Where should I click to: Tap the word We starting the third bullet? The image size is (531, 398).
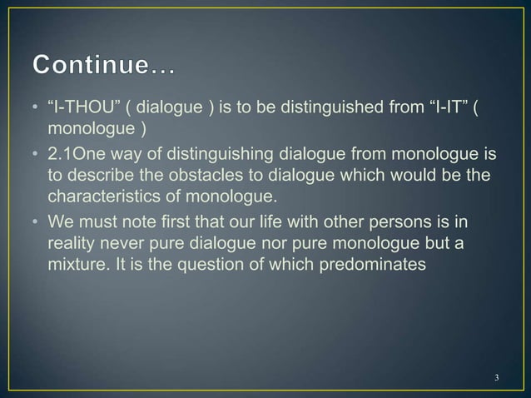(62, 221)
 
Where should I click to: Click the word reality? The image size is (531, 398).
(71, 241)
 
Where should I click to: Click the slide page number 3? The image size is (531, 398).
(496, 379)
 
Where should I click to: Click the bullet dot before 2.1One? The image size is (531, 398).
(37, 156)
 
